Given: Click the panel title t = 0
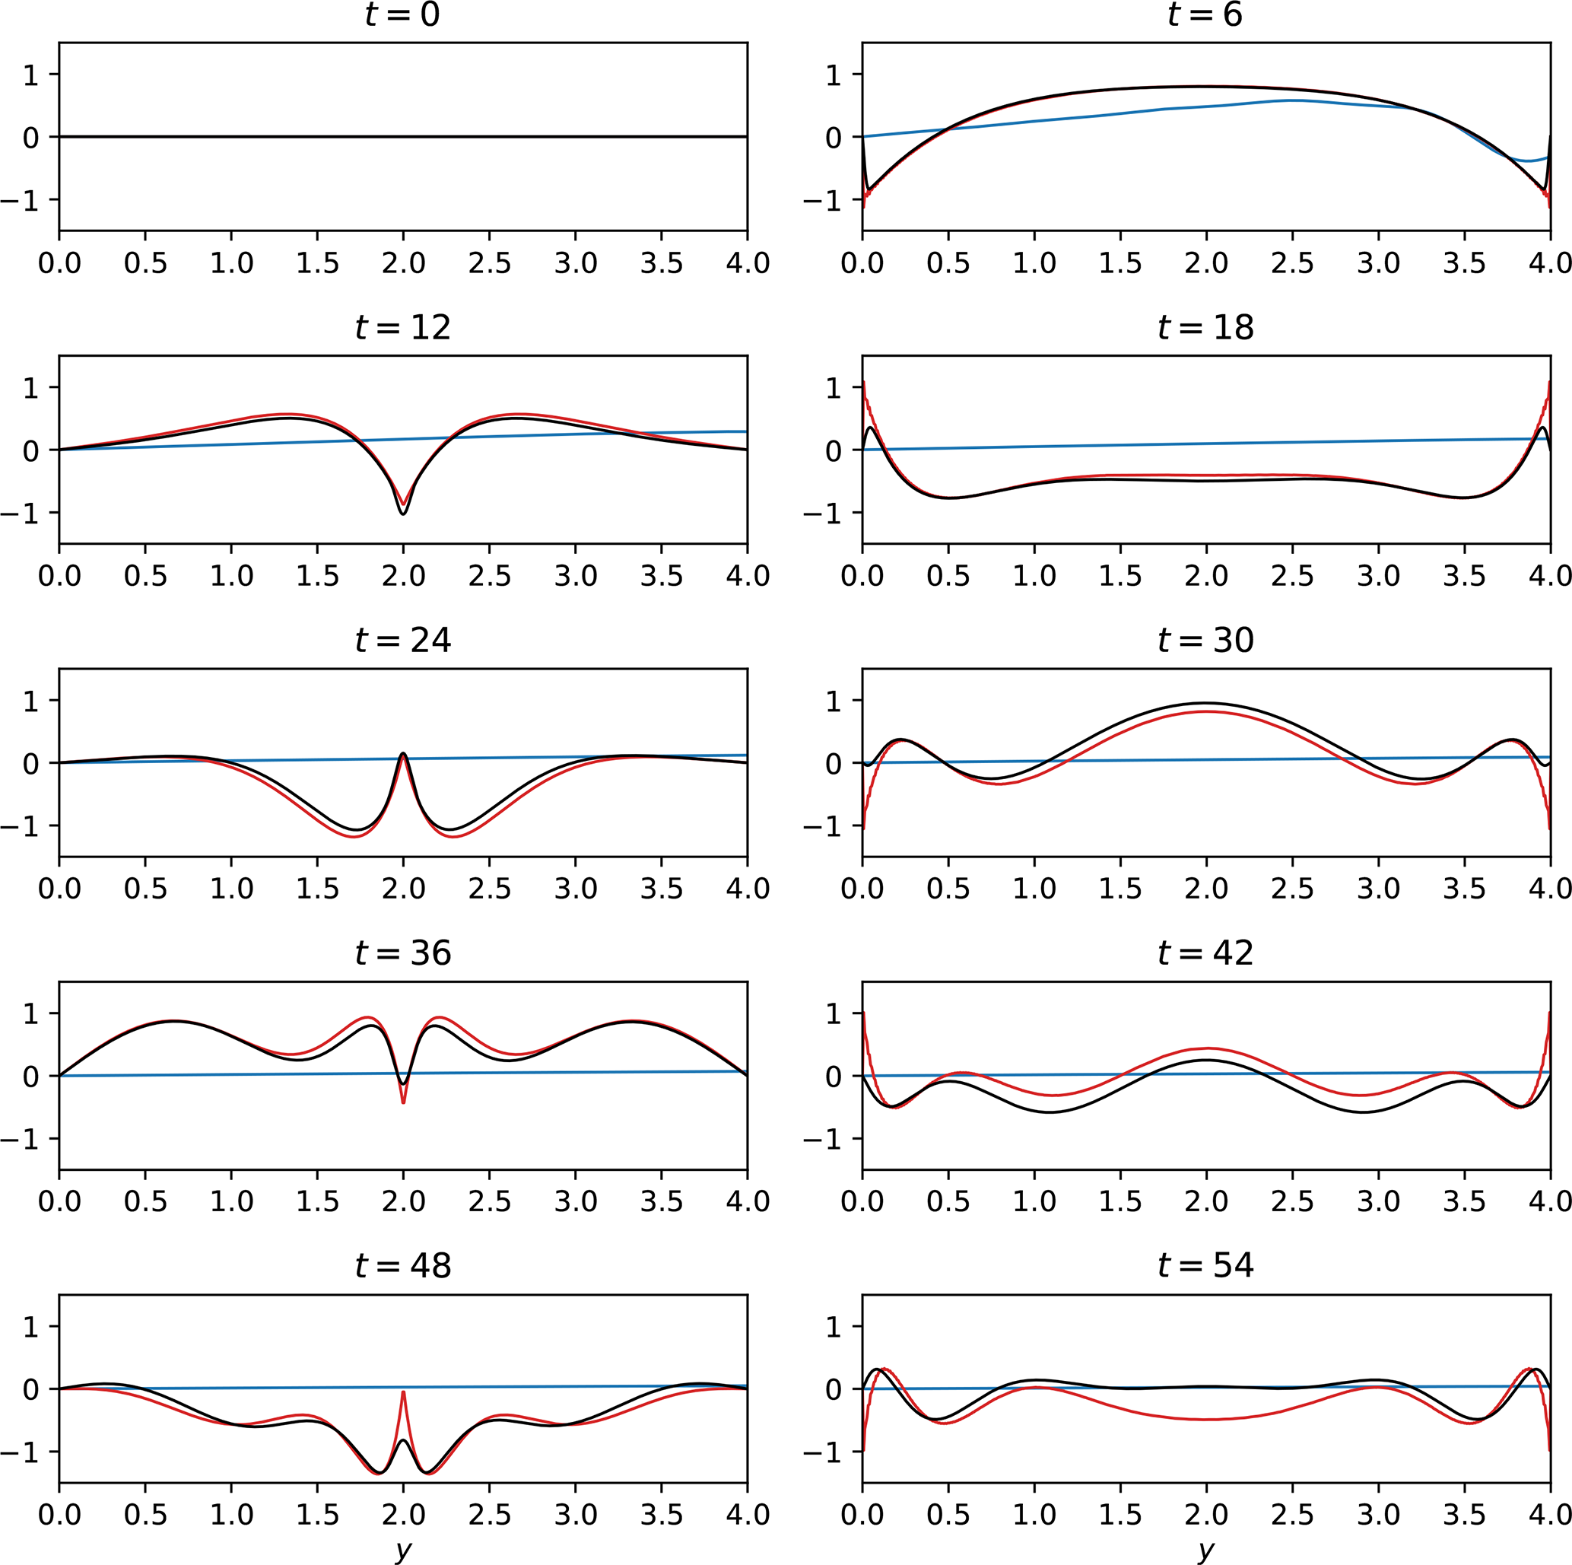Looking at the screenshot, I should (402, 15).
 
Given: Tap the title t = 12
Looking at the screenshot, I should (402, 328).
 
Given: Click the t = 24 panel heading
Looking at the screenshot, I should (402, 641).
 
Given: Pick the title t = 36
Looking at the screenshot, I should (402, 953).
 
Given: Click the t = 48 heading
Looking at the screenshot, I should (402, 1265).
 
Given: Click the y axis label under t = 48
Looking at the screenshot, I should (403, 1551).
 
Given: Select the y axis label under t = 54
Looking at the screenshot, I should (1206, 1551).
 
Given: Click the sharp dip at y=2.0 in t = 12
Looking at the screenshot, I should (403, 513).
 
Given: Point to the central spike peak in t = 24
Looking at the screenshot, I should (403, 754).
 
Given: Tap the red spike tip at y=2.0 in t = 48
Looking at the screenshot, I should (403, 1392).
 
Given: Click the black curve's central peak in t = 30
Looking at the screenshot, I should (1206, 703).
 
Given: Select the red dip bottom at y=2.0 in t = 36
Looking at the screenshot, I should (403, 1102).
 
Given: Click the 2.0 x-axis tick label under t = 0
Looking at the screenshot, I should (403, 264).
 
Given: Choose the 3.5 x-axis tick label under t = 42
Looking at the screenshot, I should (1464, 1201).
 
